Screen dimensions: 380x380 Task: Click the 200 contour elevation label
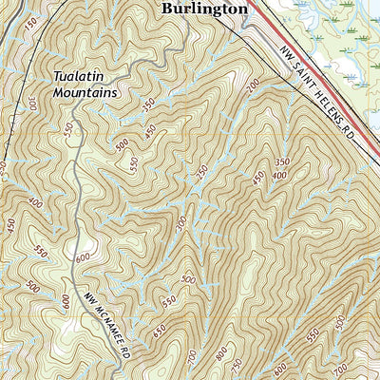tap(253, 87)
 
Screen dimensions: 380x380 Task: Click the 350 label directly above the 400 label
tap(283, 163)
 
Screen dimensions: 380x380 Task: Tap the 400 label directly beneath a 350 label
tap(278, 176)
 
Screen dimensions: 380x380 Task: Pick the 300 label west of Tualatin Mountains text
tap(34, 103)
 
